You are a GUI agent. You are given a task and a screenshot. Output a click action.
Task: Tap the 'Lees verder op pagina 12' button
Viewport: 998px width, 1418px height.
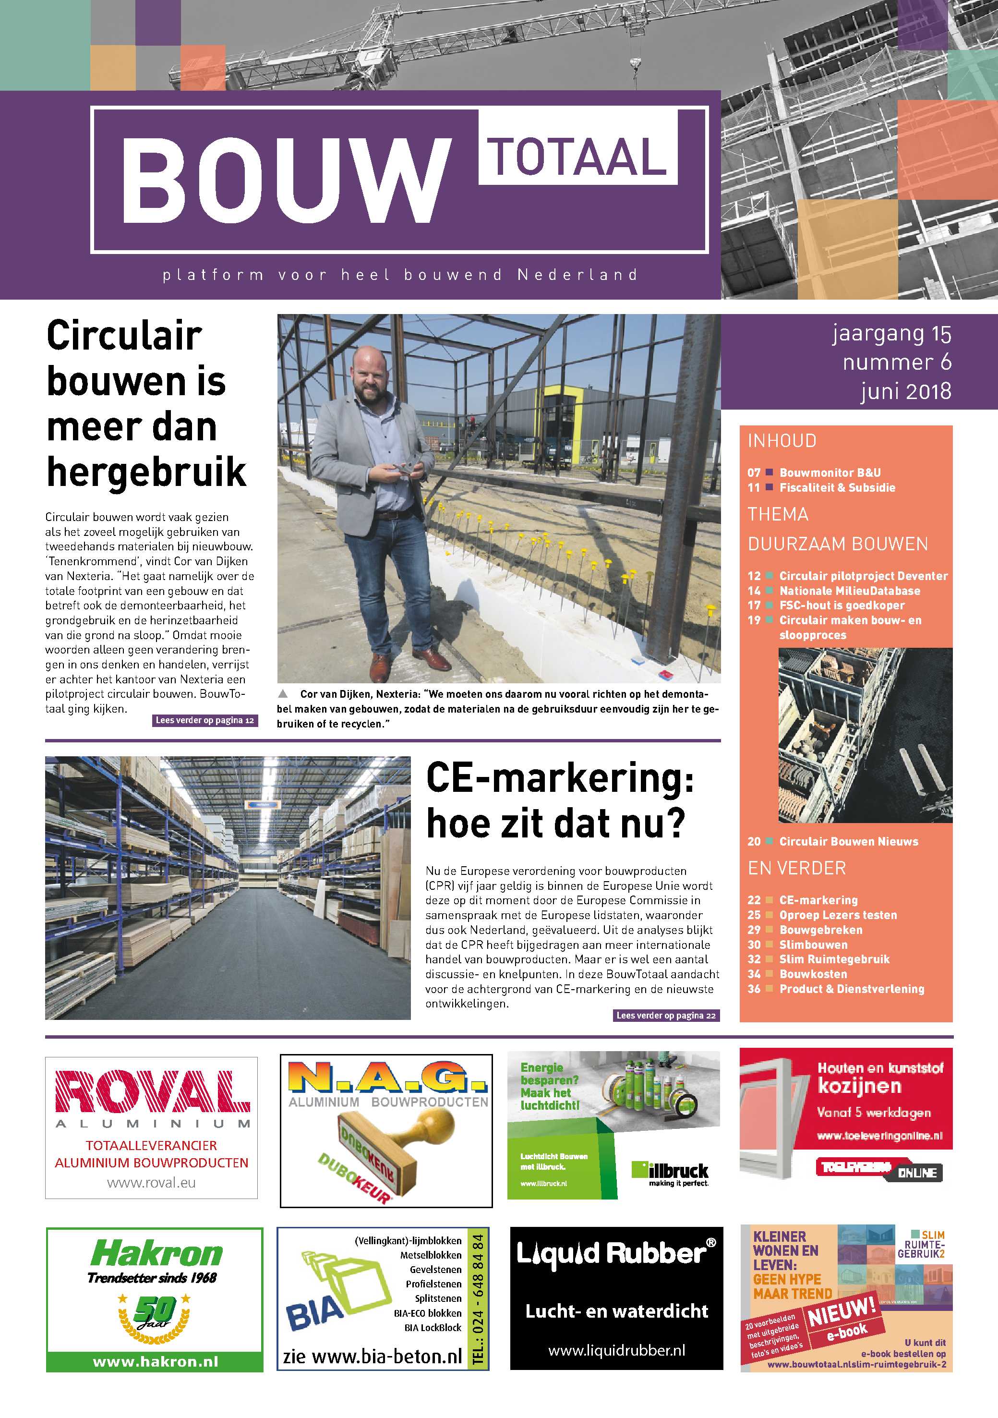(x=205, y=720)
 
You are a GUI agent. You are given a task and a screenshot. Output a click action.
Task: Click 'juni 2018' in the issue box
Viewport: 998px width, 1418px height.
(x=906, y=391)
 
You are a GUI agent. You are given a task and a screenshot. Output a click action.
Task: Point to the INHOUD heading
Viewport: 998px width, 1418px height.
(x=782, y=440)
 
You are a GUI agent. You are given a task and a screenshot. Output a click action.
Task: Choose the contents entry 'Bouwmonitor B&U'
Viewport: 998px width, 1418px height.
(x=830, y=473)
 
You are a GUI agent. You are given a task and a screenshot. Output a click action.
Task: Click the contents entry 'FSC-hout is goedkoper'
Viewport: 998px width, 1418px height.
(x=841, y=605)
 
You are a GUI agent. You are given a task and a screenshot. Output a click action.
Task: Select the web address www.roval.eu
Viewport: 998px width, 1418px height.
(x=151, y=1183)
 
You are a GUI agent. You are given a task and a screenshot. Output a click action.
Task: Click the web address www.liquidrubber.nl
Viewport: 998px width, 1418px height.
(x=616, y=1350)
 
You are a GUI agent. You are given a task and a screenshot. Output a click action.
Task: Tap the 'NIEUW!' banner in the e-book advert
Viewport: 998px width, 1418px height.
(x=841, y=1312)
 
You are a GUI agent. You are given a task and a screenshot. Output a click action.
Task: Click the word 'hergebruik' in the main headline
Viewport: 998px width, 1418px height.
(x=146, y=473)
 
